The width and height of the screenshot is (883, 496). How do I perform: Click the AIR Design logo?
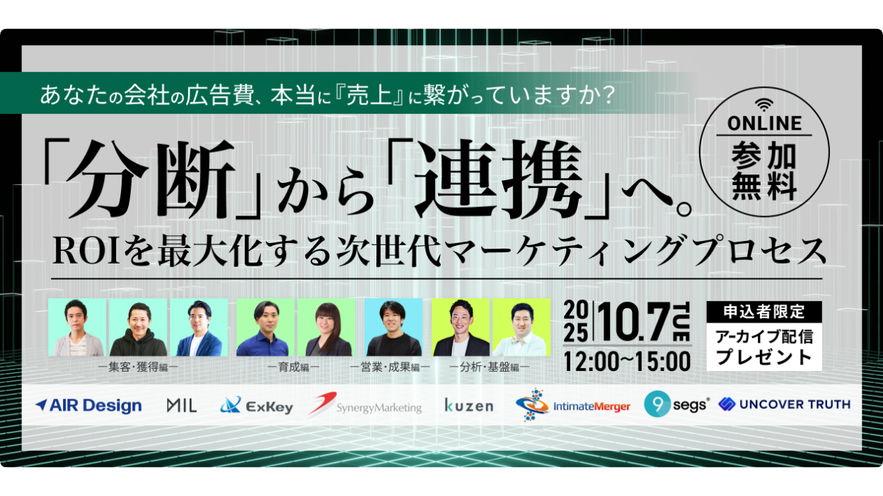click(x=88, y=406)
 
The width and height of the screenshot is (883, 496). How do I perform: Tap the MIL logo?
click(x=181, y=406)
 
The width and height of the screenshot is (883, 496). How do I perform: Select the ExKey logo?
click(x=257, y=406)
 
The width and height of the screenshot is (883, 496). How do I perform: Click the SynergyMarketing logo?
click(x=364, y=404)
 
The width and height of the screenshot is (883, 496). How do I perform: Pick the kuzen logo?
click(x=469, y=405)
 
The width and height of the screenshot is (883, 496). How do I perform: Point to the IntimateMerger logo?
click(x=573, y=405)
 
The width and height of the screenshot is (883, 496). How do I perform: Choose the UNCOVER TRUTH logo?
click(x=785, y=404)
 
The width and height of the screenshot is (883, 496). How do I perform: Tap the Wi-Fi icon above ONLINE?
click(x=764, y=105)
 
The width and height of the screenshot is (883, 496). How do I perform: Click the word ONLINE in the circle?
click(x=764, y=123)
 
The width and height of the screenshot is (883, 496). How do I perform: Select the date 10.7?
click(x=635, y=322)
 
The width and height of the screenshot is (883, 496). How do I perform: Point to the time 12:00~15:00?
click(x=627, y=361)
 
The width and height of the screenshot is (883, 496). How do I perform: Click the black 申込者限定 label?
click(x=764, y=312)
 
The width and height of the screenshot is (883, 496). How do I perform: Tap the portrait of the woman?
click(x=326, y=328)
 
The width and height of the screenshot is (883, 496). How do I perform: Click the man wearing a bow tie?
click(x=521, y=328)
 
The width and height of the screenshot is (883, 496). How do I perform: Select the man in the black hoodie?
click(x=138, y=328)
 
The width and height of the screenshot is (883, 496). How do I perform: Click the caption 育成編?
click(x=294, y=367)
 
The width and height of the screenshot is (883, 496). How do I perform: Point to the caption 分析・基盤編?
click(x=489, y=367)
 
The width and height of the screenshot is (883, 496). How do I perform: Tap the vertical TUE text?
click(x=682, y=321)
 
